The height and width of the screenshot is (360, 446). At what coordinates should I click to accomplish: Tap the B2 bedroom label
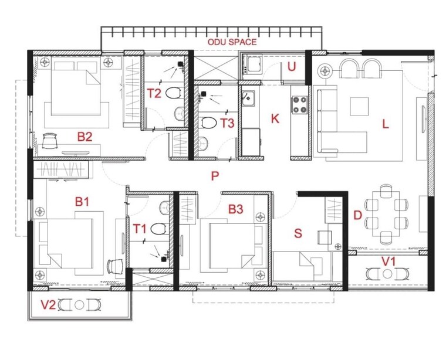click(85, 137)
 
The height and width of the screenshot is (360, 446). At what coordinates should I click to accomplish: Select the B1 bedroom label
click(82, 202)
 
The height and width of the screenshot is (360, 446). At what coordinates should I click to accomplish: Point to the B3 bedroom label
click(236, 208)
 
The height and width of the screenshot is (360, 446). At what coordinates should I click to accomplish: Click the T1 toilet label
click(140, 228)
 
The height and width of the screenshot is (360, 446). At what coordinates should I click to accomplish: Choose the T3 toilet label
click(228, 123)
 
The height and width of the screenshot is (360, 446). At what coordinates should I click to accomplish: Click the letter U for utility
click(291, 66)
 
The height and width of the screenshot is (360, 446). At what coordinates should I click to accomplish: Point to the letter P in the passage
click(215, 175)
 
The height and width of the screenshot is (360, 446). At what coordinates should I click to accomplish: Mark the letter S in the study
click(298, 233)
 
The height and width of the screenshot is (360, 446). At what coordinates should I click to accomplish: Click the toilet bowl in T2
click(173, 93)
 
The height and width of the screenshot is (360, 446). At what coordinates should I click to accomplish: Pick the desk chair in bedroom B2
click(50, 140)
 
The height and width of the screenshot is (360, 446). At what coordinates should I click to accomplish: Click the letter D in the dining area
click(357, 215)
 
